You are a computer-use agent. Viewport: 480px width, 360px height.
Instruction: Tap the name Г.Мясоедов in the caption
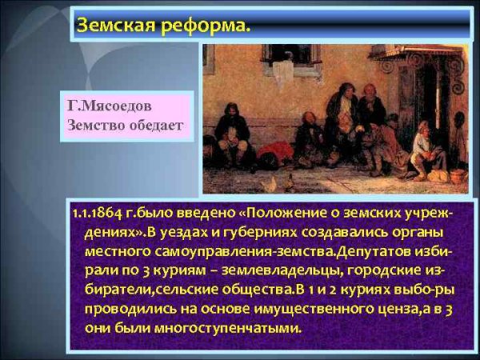point(109,106)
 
